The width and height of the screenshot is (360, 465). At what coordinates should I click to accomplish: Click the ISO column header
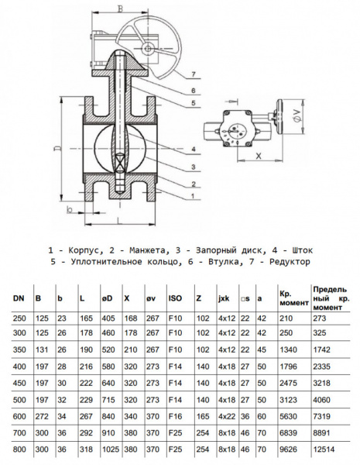click(x=176, y=298)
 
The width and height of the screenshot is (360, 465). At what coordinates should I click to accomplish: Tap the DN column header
click(x=18, y=298)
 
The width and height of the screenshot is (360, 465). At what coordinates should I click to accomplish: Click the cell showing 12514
click(x=325, y=449)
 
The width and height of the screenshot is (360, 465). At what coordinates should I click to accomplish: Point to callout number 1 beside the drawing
click(x=191, y=196)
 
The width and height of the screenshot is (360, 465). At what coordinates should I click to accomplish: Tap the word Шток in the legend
click(x=300, y=250)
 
